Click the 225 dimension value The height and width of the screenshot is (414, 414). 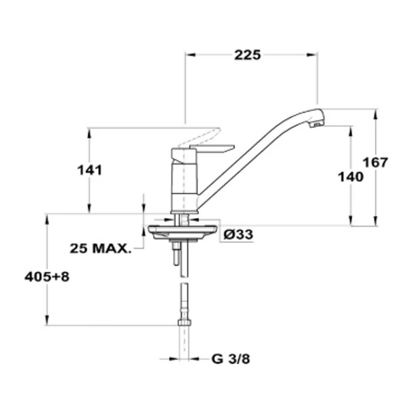(x=247, y=55)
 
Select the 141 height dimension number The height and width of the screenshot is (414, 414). (x=90, y=170)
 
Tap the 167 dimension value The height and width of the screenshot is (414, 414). (x=375, y=162)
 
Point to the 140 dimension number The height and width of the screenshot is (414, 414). (x=351, y=177)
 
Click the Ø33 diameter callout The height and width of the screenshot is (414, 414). (x=238, y=234)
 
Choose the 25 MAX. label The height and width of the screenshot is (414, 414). (x=100, y=248)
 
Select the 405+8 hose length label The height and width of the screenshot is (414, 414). (x=47, y=277)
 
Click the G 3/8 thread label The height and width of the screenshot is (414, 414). (x=231, y=359)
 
